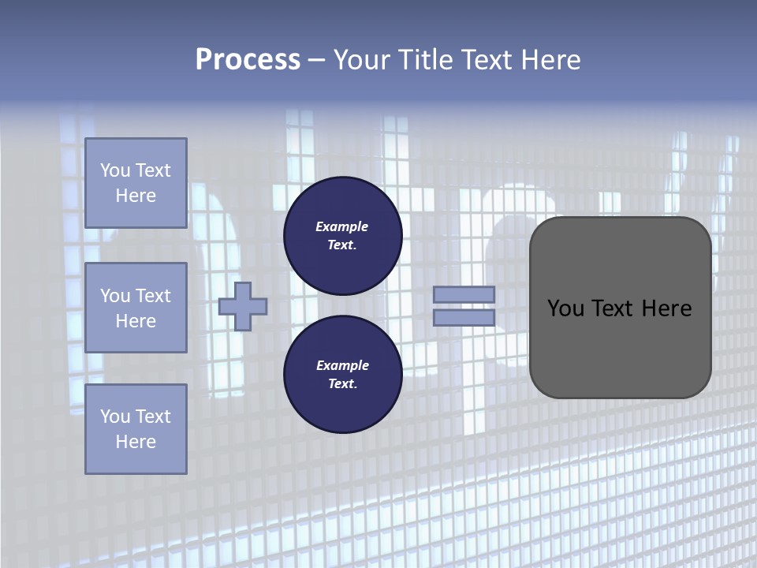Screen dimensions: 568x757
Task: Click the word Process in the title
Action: (248, 60)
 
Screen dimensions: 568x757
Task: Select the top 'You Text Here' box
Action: (136, 183)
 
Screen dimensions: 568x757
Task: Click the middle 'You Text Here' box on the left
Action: (136, 308)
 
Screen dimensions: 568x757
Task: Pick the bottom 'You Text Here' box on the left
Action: (136, 428)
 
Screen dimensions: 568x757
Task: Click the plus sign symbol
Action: (243, 306)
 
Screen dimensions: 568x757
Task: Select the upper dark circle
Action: (342, 235)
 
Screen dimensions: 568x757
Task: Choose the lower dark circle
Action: (342, 374)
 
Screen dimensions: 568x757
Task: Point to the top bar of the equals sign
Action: (464, 294)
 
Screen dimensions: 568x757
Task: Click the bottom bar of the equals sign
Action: (464, 317)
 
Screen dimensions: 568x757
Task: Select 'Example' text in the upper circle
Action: (342, 226)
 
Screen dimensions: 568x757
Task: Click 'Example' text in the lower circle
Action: (342, 365)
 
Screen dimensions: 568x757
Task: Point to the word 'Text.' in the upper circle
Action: (342, 245)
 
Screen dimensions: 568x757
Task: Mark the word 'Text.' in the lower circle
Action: (342, 383)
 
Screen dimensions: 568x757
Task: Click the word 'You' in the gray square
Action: (566, 308)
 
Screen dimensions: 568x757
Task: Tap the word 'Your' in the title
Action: (361, 60)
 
